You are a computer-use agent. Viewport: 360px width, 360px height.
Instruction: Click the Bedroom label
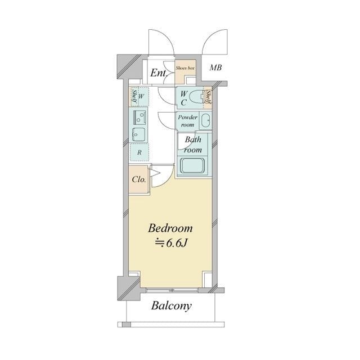[170, 228]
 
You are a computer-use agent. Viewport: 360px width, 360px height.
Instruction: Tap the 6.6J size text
[171, 244]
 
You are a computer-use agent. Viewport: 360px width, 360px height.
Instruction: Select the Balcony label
[171, 306]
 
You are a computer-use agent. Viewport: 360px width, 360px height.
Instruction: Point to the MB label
[216, 67]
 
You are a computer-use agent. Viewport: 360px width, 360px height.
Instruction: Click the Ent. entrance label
[158, 73]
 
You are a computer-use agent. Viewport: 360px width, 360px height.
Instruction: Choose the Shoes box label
[185, 68]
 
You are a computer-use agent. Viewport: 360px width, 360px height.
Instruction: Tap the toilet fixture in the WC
[196, 97]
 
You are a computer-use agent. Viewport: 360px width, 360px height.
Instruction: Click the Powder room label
[187, 121]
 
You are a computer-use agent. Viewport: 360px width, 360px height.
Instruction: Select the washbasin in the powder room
[205, 121]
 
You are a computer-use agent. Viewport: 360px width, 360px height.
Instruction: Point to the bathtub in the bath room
[192, 166]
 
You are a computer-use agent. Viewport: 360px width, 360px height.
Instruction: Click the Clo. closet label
[139, 179]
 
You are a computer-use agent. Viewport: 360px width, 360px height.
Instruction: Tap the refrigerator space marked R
[139, 152]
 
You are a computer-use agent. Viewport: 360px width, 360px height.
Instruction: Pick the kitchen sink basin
[139, 134]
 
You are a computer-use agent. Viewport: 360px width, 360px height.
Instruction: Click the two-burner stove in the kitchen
[139, 118]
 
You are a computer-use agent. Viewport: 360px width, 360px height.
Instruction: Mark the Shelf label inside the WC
[209, 97]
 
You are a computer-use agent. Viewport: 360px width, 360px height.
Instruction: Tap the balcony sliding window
[172, 290]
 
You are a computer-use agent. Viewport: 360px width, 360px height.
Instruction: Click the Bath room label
[193, 145]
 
